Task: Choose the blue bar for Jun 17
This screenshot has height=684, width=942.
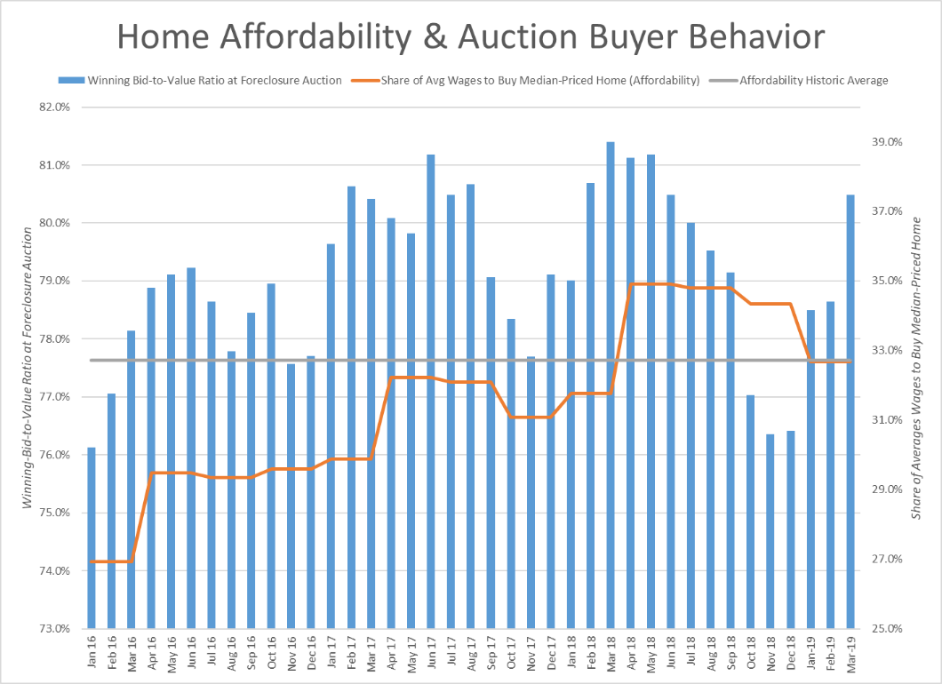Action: (x=431, y=391)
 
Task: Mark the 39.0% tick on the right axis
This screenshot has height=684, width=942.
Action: (x=884, y=142)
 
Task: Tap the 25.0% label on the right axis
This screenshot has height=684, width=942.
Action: (x=884, y=628)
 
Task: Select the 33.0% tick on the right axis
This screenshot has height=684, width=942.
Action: (x=884, y=350)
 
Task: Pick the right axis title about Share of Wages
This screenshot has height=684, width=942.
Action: (x=916, y=367)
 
